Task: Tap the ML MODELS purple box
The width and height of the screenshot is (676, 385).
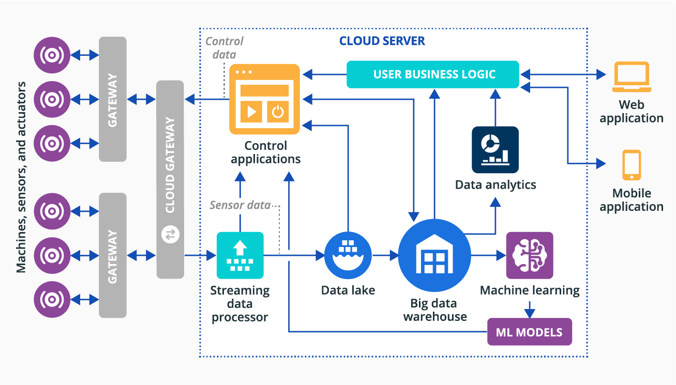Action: click(x=530, y=332)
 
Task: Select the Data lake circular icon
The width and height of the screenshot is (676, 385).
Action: click(x=348, y=255)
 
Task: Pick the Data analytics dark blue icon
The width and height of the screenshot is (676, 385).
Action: click(x=495, y=150)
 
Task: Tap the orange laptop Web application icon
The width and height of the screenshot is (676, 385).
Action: click(x=630, y=77)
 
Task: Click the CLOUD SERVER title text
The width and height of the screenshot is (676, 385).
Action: click(x=382, y=41)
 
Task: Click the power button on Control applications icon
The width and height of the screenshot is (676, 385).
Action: click(x=278, y=112)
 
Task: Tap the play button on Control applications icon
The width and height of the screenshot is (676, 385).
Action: click(x=251, y=112)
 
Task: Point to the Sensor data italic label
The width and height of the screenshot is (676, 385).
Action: click(x=239, y=205)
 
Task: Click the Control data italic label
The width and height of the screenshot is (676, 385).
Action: click(x=224, y=48)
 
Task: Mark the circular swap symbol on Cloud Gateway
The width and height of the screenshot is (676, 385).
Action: click(x=170, y=235)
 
